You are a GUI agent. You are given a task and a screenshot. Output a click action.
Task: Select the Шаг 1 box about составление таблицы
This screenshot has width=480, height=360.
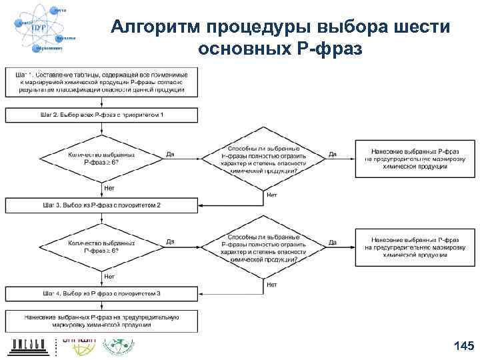(x=102, y=81)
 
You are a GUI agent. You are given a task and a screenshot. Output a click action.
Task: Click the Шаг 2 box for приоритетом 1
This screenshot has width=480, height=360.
(x=102, y=115)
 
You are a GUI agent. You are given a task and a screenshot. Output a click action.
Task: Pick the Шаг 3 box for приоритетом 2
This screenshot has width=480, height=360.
(x=102, y=204)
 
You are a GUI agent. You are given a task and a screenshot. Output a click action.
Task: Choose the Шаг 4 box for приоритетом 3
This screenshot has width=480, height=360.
(x=102, y=293)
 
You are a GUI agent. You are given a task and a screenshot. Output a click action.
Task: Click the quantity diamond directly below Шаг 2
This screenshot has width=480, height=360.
(x=102, y=157)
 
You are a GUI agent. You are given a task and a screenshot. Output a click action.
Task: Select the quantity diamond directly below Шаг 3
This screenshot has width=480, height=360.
(x=102, y=247)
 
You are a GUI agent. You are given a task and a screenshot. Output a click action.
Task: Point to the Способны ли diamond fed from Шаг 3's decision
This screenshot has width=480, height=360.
(x=263, y=247)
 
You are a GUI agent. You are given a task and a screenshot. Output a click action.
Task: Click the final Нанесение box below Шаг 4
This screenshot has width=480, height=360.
(x=102, y=321)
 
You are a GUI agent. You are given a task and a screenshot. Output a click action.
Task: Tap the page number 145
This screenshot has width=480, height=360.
(x=463, y=345)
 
